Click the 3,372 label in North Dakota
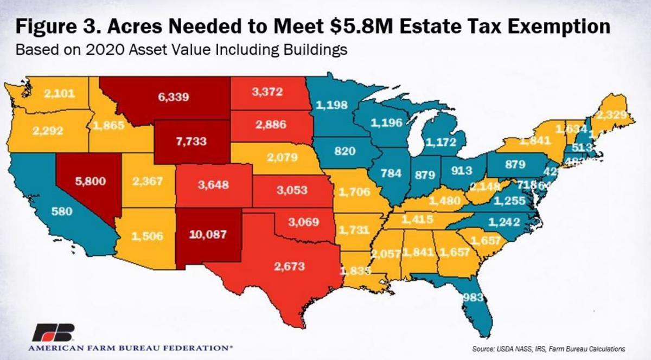click(267, 92)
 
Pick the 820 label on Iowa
click(344, 151)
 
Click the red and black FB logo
click(52, 333)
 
